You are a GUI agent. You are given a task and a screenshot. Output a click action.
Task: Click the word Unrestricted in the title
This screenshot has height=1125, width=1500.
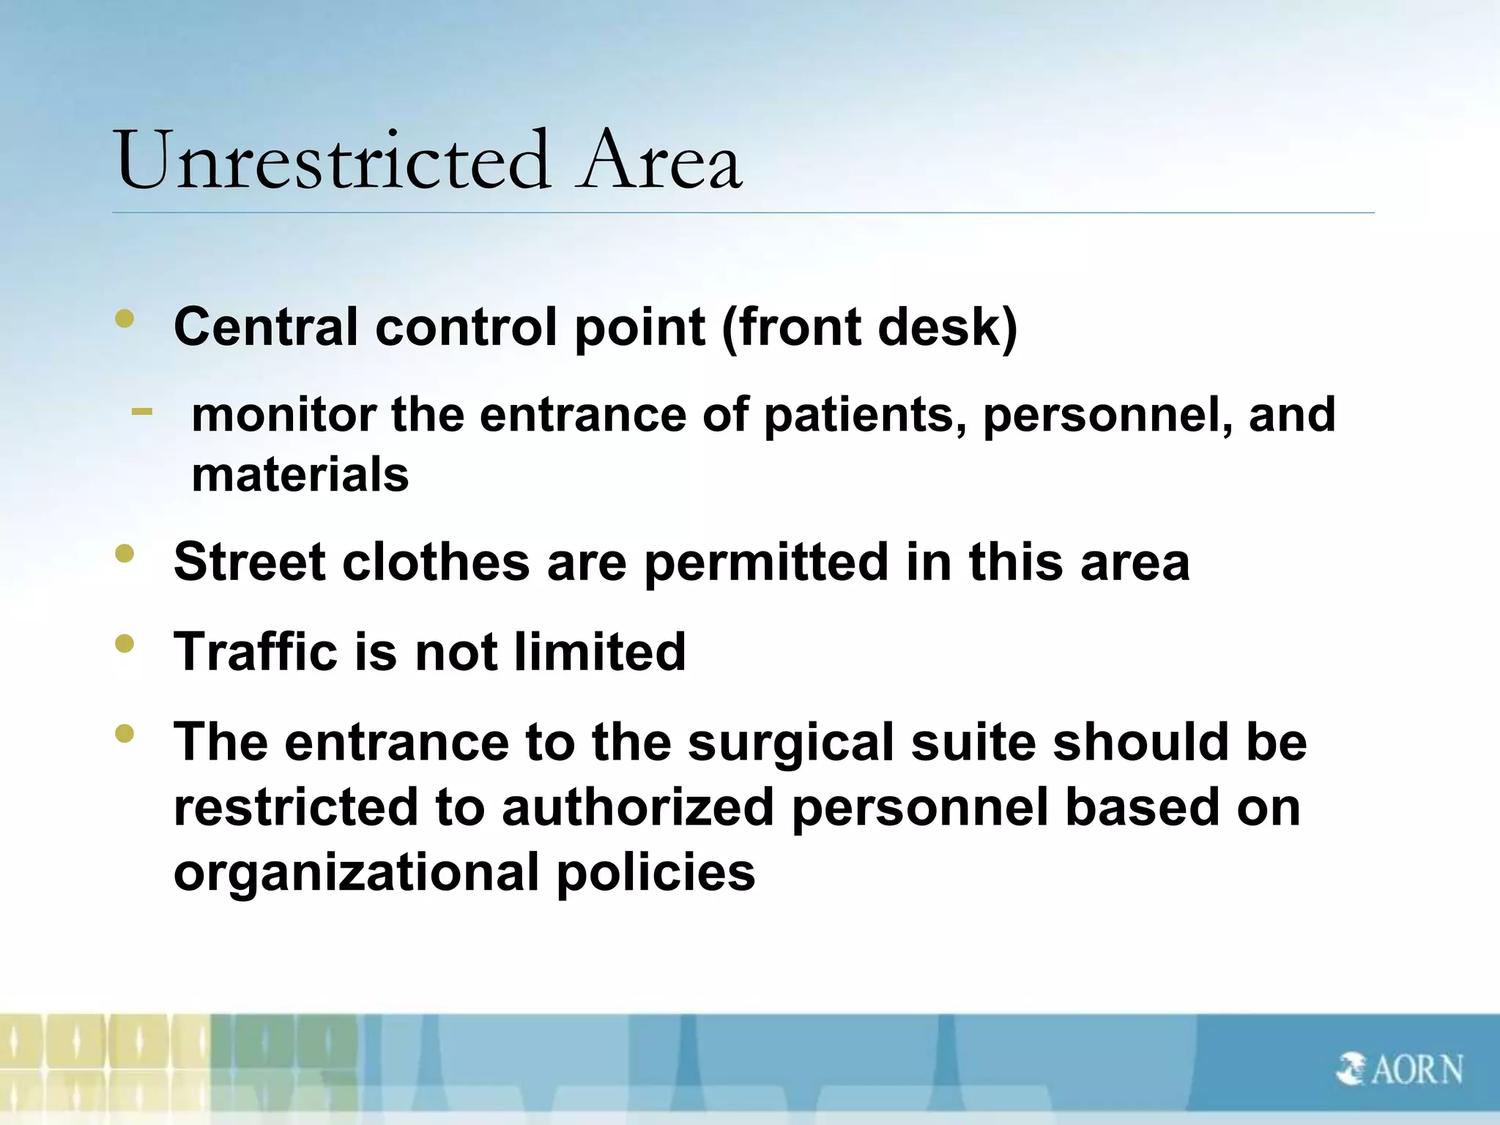point(332,160)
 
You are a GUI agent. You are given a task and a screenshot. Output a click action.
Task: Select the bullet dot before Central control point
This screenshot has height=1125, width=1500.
point(125,318)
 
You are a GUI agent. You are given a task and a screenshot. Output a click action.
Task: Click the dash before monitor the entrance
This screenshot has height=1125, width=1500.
point(142,412)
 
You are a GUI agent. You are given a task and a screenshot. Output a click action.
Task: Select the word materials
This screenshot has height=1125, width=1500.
point(300,475)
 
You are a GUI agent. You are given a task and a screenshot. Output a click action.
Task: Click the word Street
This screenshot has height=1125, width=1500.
point(248,562)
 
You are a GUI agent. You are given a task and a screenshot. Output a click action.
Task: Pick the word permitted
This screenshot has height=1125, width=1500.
point(766,562)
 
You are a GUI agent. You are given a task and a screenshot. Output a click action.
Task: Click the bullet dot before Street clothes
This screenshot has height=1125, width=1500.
point(125,554)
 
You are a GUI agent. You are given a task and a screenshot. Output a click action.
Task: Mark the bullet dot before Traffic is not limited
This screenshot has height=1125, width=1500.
point(125,643)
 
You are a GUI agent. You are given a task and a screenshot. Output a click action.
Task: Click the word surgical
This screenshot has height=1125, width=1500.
point(791,743)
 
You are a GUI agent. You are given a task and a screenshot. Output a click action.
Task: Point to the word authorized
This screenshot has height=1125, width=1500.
point(637,807)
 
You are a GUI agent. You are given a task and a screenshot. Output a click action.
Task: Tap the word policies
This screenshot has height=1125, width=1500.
point(656,872)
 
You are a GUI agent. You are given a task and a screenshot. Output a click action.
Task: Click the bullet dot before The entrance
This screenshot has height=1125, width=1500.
point(125,733)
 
